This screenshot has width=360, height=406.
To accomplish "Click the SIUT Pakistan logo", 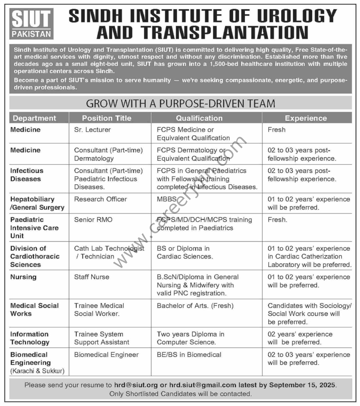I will click(x=31, y=24).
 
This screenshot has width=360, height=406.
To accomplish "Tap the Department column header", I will click(x=34, y=118).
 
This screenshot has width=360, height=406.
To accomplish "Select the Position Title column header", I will click(x=106, y=118).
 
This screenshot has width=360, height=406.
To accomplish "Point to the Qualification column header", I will click(x=199, y=118).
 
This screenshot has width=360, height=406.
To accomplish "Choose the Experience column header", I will click(x=306, y=118).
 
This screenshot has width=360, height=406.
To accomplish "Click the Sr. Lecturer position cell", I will click(x=92, y=130).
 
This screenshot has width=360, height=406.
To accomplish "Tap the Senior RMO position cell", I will click(x=93, y=220).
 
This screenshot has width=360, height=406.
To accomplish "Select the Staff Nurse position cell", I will click(x=92, y=277).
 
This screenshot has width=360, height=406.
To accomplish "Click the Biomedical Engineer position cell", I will click(x=106, y=355).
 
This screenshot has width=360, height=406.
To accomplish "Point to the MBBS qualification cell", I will click(x=166, y=199).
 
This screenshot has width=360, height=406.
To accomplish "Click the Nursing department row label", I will click(x=23, y=277).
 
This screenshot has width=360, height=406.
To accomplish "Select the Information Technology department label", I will click(x=30, y=338).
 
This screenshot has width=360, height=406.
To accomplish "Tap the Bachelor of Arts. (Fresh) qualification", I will click(x=195, y=306).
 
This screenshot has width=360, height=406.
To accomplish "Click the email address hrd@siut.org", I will click(x=136, y=385).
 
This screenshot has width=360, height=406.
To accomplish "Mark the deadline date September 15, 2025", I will click(x=303, y=385).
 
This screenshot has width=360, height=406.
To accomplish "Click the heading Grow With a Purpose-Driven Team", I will click(x=180, y=103).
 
